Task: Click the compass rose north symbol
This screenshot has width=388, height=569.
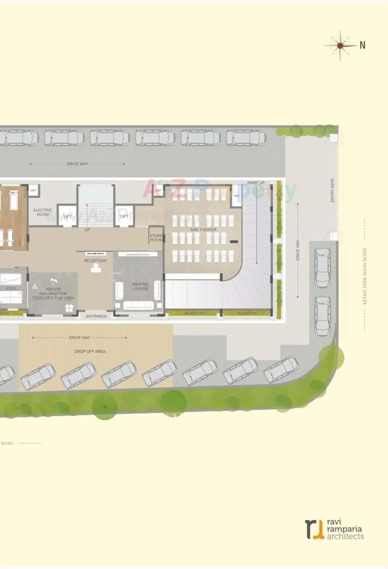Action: [x=340, y=46]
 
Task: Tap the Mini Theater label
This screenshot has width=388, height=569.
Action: [x=203, y=230]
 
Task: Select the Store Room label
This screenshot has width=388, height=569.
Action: [x=156, y=238]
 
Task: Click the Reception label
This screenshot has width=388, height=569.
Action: [x=95, y=261]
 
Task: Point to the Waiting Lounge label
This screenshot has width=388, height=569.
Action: [x=140, y=286]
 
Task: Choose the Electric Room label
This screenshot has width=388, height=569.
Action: [x=43, y=212]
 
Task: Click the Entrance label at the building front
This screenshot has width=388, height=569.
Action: [x=96, y=316]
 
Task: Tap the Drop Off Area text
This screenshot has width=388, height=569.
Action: [x=90, y=351]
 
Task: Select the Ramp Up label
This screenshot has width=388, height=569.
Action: [x=256, y=183]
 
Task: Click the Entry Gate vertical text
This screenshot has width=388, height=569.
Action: [x=333, y=190]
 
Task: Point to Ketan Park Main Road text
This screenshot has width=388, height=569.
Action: [x=365, y=276]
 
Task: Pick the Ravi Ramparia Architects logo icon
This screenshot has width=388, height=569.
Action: [x=314, y=529]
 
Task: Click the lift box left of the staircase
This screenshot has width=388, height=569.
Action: [x=68, y=216]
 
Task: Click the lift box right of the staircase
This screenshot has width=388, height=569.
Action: [x=124, y=216]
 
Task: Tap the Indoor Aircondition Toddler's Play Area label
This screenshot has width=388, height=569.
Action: [x=53, y=293]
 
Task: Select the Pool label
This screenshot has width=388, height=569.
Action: [x=11, y=288]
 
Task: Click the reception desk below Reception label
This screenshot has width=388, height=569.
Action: [x=96, y=270]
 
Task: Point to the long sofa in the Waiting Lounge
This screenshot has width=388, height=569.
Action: [x=138, y=305]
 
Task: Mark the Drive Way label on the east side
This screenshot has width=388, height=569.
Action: [x=298, y=250]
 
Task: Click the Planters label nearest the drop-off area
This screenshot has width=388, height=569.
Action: [x=195, y=313]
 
